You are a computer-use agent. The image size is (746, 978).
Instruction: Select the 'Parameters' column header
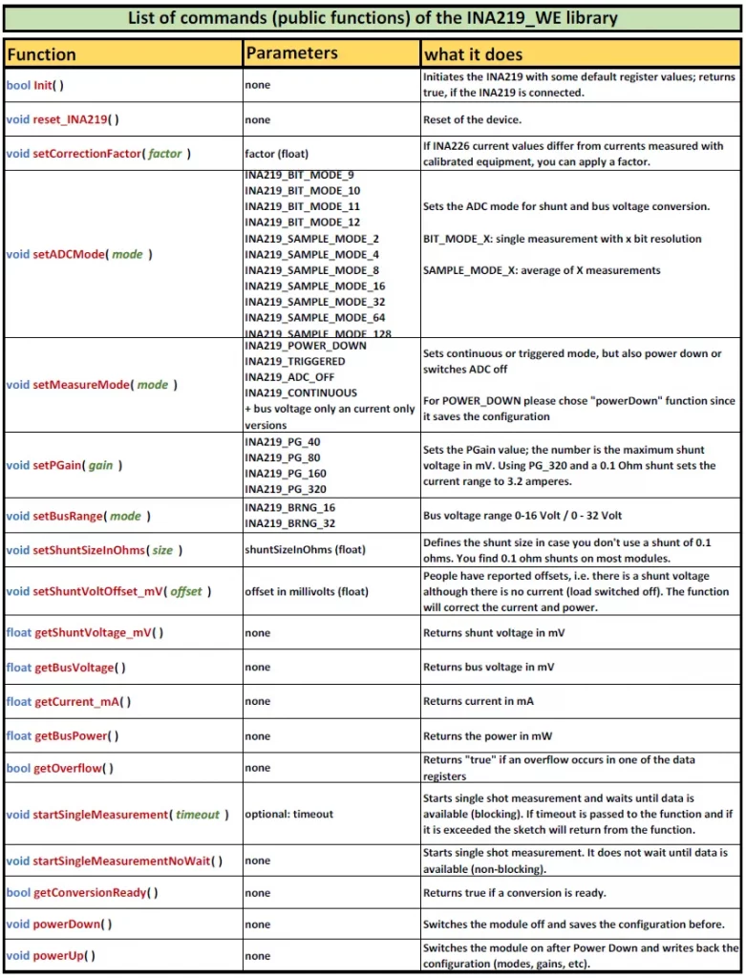[x=291, y=53]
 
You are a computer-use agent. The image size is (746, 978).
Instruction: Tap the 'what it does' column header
[x=473, y=54]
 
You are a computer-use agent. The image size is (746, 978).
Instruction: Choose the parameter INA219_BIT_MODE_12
[x=302, y=223]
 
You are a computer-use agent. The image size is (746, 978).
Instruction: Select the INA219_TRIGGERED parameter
[x=294, y=361]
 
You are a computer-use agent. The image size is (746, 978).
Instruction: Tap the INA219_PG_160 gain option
[x=285, y=473]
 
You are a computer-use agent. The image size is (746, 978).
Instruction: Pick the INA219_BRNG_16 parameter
[x=289, y=507]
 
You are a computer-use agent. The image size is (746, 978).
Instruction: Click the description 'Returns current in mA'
[x=478, y=701]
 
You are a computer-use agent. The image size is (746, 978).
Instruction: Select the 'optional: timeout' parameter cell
[x=288, y=814]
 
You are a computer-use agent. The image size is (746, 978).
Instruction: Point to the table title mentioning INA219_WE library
[x=373, y=18]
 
